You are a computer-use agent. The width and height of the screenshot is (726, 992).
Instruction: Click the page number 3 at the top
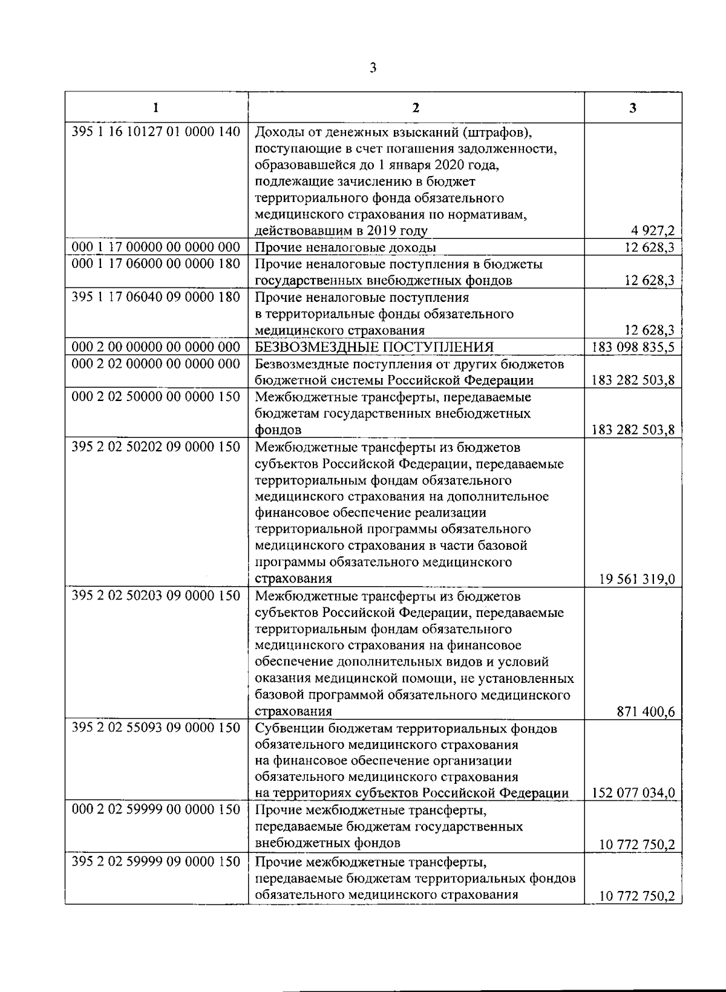[x=373, y=68]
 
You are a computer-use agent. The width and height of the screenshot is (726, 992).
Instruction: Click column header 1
[x=156, y=108]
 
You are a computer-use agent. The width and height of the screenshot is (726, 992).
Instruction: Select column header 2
[x=416, y=108]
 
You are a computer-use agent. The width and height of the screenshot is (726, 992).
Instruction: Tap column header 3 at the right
[x=632, y=108]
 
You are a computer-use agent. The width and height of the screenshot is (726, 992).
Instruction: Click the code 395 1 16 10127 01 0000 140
[x=156, y=131]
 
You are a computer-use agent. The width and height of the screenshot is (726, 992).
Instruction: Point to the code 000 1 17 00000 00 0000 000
[x=156, y=247]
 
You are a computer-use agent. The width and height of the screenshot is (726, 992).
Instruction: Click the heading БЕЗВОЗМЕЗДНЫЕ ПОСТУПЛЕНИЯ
[x=374, y=347]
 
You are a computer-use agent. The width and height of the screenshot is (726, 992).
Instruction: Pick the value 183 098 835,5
[x=634, y=347]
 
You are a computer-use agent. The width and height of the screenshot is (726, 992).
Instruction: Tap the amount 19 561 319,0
[x=637, y=579]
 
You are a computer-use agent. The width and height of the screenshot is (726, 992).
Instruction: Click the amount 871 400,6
[x=646, y=712]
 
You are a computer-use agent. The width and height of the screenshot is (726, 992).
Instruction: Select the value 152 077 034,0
[x=634, y=793]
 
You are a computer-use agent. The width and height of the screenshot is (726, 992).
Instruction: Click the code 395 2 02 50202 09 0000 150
[x=156, y=447]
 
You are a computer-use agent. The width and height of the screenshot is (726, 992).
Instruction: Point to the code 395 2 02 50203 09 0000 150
[x=156, y=596]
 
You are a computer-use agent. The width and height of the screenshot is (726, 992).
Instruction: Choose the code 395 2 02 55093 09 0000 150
[x=156, y=728]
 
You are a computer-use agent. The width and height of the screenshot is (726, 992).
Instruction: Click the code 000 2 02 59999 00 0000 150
[x=156, y=810]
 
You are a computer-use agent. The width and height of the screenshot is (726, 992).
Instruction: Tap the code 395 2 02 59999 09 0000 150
[x=156, y=861]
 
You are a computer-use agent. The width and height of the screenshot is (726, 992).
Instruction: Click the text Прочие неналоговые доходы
[x=345, y=247]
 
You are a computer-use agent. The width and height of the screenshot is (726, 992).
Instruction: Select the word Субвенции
[x=284, y=728]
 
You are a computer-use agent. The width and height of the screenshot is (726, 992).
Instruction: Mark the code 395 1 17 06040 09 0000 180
[x=156, y=297]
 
